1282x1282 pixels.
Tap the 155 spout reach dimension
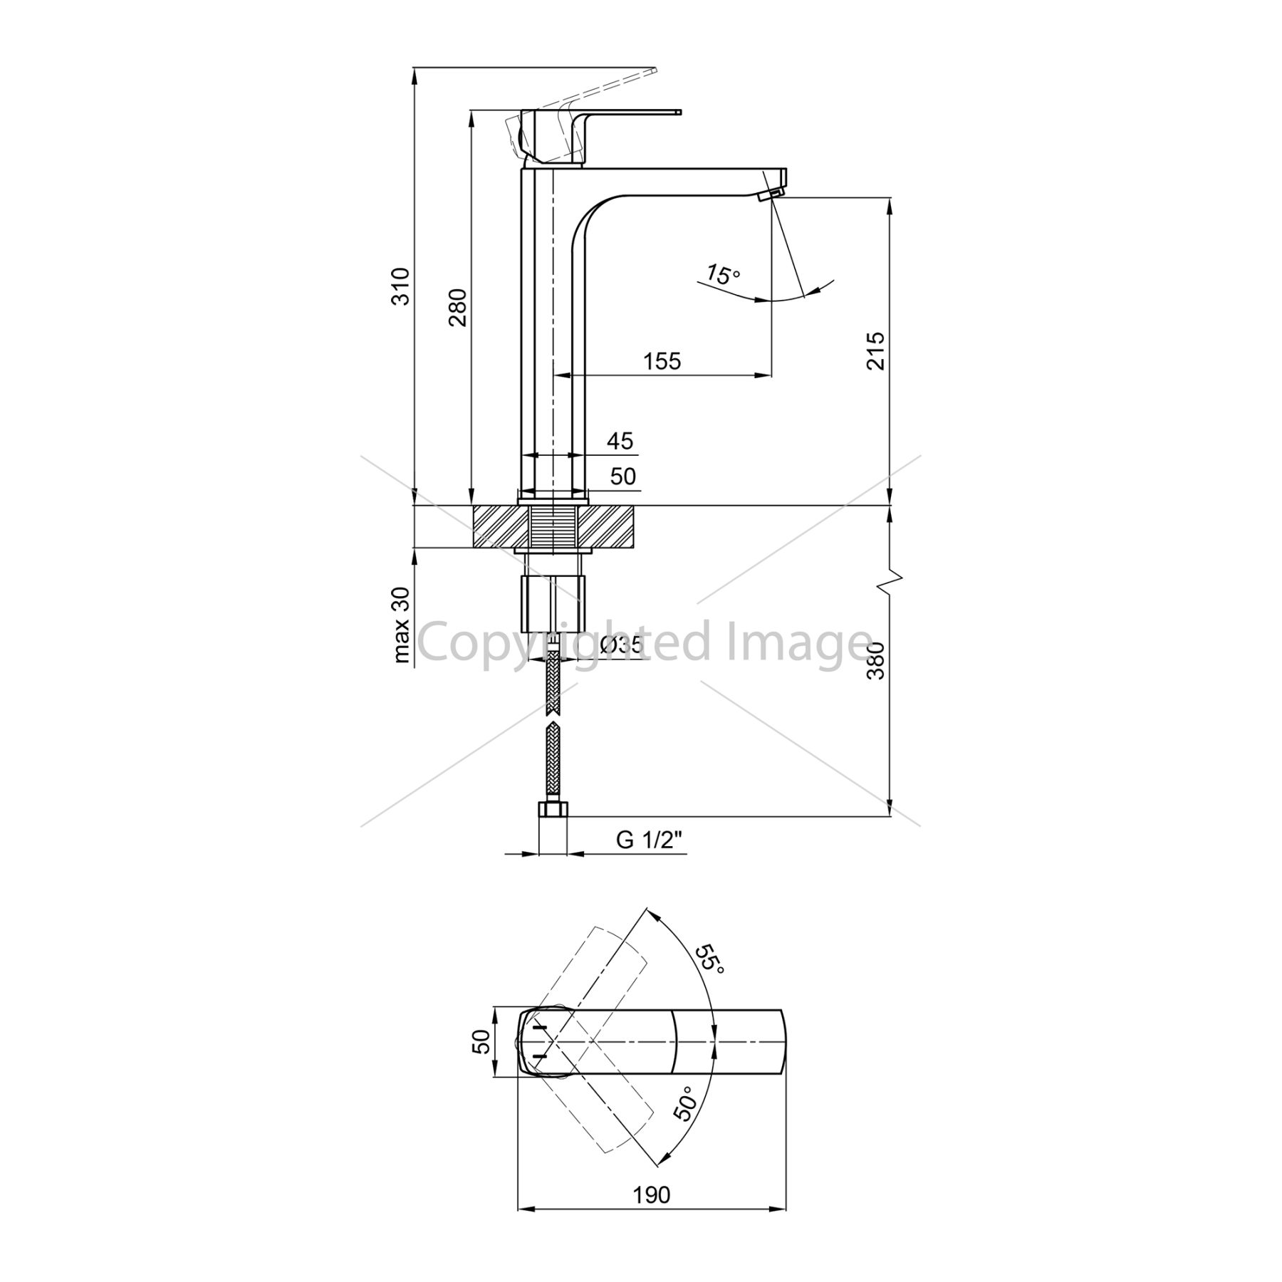pyautogui.click(x=662, y=362)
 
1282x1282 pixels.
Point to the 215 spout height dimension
pyautogui.click(x=875, y=350)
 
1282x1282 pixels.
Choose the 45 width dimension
pyautogui.click(x=620, y=442)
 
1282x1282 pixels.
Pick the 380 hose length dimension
pyautogui.click(x=875, y=661)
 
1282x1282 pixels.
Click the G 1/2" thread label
pyautogui.click(x=649, y=840)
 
